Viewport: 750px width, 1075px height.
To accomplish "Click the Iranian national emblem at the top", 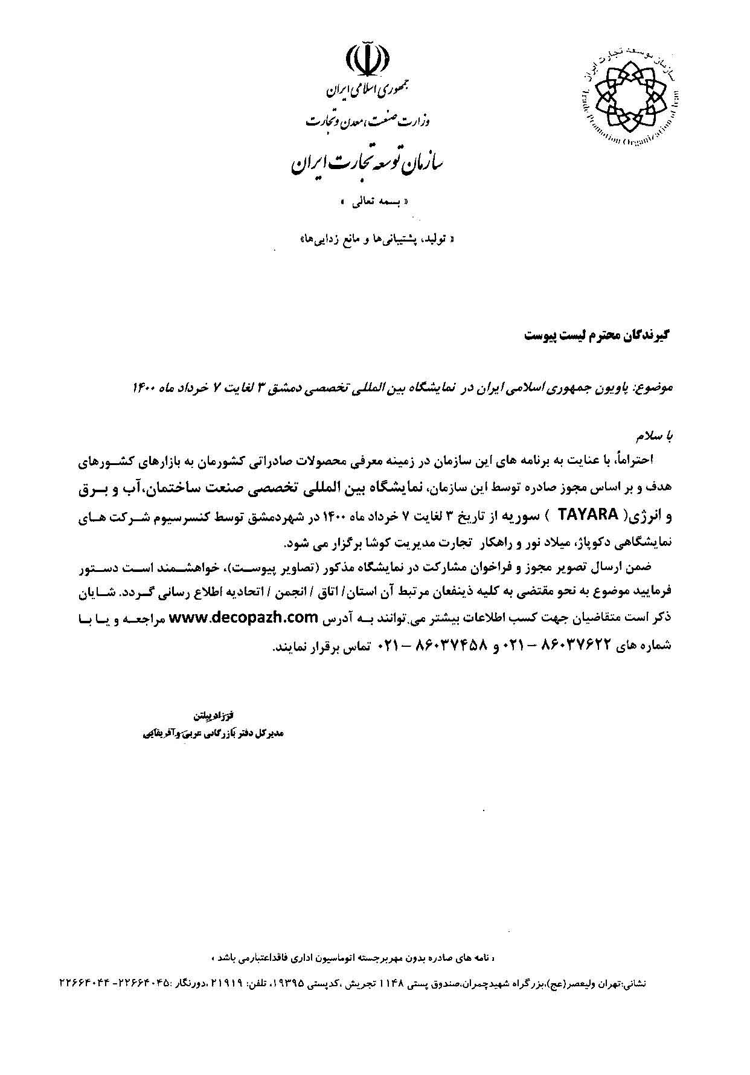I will (x=367, y=60).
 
